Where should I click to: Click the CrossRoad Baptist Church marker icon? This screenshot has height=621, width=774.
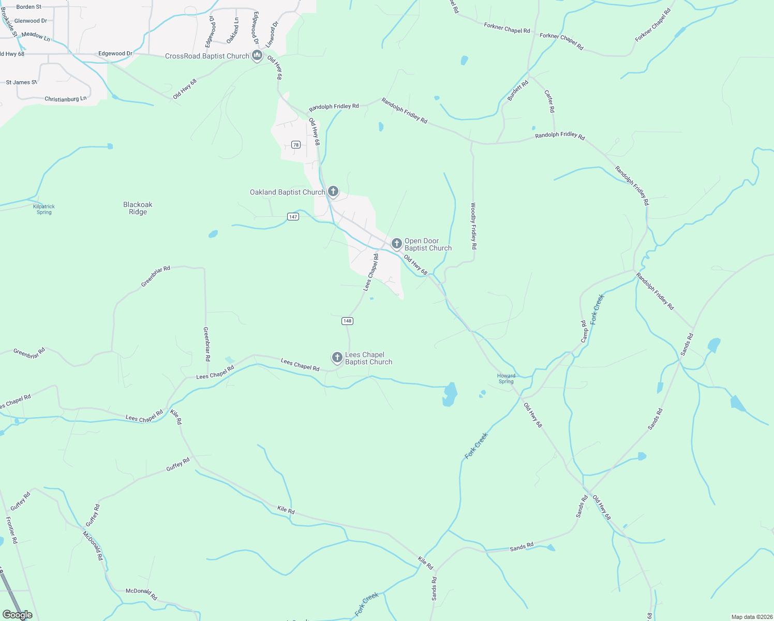tap(257, 55)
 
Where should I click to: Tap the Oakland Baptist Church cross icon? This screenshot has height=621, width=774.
tap(333, 191)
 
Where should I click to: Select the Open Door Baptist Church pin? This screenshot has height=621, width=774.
tap(396, 243)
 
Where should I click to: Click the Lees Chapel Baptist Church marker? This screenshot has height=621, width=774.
tap(337, 357)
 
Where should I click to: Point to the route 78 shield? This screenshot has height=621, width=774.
tap(295, 145)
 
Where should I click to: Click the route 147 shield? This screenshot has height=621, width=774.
tap(293, 216)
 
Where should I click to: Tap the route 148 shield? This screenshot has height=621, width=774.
tap(347, 321)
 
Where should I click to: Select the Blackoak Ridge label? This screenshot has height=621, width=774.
tap(138, 208)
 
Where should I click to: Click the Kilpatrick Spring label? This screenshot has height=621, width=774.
tap(44, 209)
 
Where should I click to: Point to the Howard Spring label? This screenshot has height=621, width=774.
tap(506, 379)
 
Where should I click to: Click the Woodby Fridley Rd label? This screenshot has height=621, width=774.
tap(473, 226)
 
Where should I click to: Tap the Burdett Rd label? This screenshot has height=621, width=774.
tap(518, 91)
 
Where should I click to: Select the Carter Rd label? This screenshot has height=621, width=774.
tap(549, 101)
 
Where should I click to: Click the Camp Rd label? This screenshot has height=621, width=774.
tap(584, 331)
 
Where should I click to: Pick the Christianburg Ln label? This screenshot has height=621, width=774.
tap(66, 99)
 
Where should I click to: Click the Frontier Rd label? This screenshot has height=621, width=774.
tap(12, 529)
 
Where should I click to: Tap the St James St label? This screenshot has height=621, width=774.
tap(21, 82)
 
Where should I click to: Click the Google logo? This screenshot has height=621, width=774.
tap(17, 615)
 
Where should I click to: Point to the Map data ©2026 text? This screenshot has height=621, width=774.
tap(751, 617)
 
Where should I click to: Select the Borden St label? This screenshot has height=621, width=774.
tap(29, 7)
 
